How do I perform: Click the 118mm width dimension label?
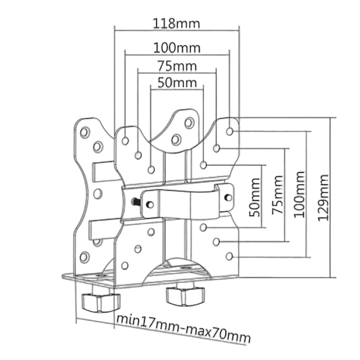click(176, 24)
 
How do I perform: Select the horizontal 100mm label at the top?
click(177, 48)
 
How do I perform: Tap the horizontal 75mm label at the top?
click(177, 66)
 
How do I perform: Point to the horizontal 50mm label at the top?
click(177, 83)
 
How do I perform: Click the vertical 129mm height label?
click(323, 197)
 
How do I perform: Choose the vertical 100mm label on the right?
click(300, 194)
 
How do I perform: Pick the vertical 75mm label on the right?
click(278, 194)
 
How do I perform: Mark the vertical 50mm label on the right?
click(255, 197)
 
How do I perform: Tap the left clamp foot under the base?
click(101, 302)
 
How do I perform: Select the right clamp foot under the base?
click(186, 297)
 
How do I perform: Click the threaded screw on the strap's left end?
click(135, 202)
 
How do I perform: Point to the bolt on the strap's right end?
click(228, 197)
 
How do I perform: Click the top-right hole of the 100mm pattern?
click(230, 131)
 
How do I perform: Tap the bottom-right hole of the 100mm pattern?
click(230, 256)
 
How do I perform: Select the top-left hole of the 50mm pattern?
click(151, 170)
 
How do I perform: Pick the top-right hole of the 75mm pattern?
click(217, 148)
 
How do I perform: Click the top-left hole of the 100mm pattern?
click(125, 141)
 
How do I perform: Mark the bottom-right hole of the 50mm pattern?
click(203, 227)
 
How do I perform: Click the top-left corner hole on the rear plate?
click(85, 132)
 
